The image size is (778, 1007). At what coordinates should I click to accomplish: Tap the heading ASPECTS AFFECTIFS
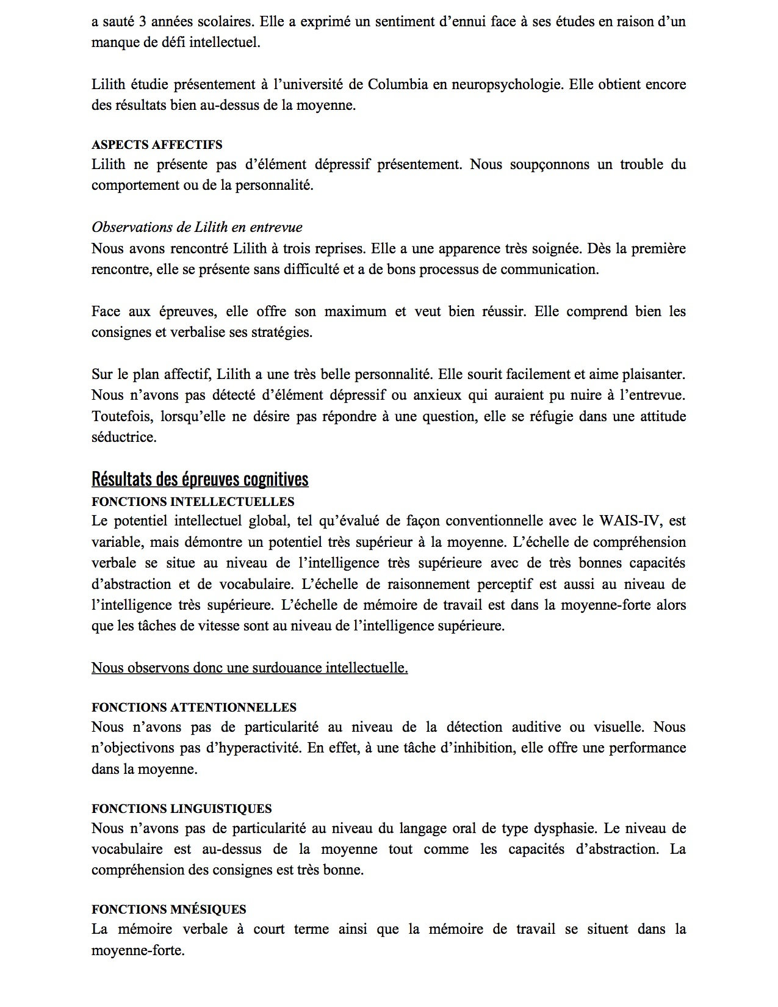coord(157,145)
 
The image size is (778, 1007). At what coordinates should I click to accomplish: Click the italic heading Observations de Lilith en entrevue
coord(196,227)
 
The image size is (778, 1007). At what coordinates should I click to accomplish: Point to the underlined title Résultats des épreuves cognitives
coord(200,480)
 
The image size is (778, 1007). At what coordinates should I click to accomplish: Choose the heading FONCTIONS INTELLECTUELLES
coord(193,502)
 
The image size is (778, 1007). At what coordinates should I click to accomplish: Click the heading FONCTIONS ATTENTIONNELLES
coord(194,707)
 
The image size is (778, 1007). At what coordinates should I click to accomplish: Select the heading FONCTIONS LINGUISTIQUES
coord(182,809)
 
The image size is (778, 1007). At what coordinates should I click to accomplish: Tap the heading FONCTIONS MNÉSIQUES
coord(169,909)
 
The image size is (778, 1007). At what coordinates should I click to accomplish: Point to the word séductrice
coord(124,438)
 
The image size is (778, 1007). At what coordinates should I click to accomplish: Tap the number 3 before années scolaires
coord(140,22)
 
